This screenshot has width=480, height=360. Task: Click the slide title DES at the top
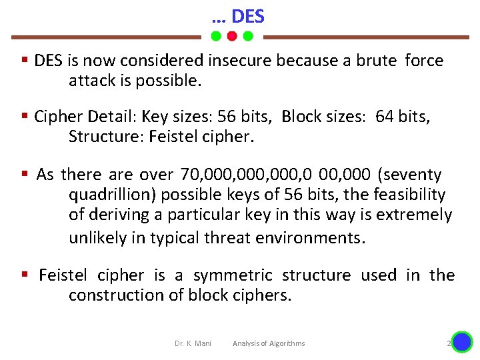coord(247,16)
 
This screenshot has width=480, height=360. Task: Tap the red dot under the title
coord(231,36)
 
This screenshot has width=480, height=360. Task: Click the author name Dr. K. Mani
coord(193,343)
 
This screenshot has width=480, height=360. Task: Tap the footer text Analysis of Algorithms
coord(269,343)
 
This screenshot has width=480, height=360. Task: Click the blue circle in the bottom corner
coord(461,343)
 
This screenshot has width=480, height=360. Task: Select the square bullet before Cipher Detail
coord(24,117)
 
